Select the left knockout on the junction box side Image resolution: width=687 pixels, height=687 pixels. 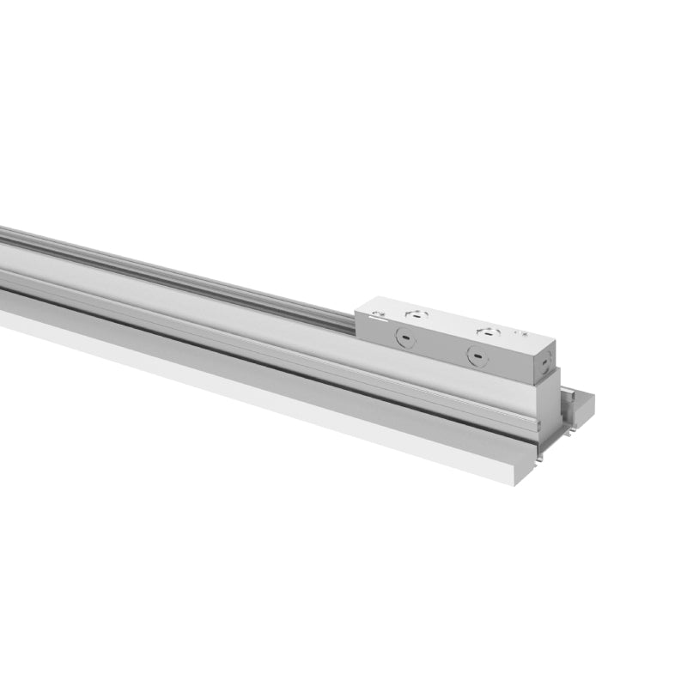coord(403,338)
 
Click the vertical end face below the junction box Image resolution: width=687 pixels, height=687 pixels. coord(548,404)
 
